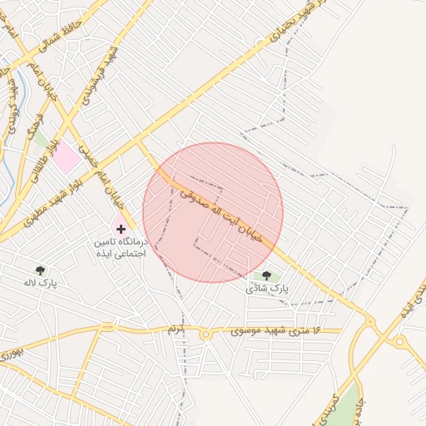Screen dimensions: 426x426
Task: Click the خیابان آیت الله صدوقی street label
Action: click(221, 211)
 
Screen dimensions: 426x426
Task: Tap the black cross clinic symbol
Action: click(121, 227)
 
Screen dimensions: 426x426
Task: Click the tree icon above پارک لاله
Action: click(40, 270)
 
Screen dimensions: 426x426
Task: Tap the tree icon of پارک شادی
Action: click(266, 275)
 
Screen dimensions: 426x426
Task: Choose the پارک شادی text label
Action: click(266, 289)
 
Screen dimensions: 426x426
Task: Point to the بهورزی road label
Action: click(7, 353)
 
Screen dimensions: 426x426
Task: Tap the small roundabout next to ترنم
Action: click(205, 334)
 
